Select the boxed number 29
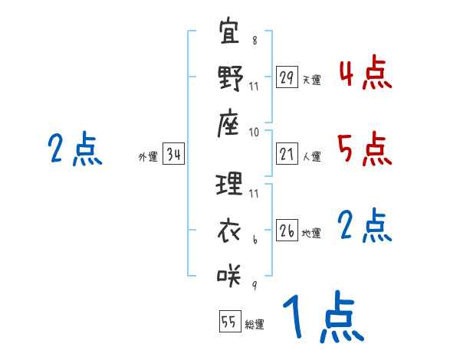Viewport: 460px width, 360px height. (x=287, y=77)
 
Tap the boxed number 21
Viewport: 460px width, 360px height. (x=287, y=154)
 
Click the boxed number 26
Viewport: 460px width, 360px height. (x=287, y=231)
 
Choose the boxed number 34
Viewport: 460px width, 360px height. (x=173, y=155)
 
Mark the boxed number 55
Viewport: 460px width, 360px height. (x=229, y=322)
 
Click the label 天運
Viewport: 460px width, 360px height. (x=311, y=80)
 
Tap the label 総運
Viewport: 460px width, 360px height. (x=255, y=324)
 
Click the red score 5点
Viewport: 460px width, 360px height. (x=365, y=149)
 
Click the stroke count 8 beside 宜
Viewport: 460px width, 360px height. (x=255, y=41)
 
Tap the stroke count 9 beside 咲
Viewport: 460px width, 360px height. (x=255, y=286)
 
